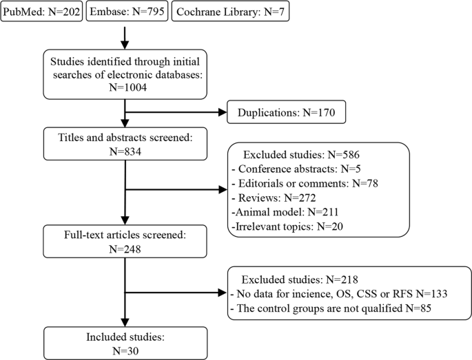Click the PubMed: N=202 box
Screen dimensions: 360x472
coord(40,12)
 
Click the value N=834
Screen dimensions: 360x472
coord(123,152)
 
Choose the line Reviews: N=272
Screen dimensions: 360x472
coord(268,198)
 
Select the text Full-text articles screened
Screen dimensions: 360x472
coord(116,235)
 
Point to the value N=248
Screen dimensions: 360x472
coord(123,249)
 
